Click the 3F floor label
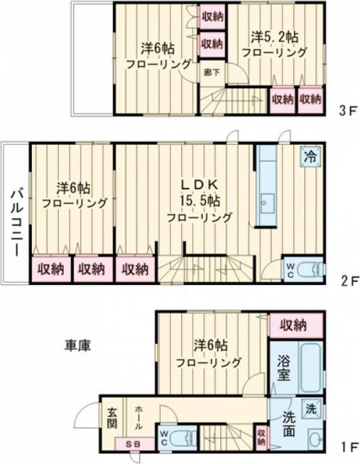coord(346,113)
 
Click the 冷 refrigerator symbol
coord(309,156)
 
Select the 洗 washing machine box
coord(310,408)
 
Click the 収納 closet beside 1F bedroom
coord(291,324)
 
